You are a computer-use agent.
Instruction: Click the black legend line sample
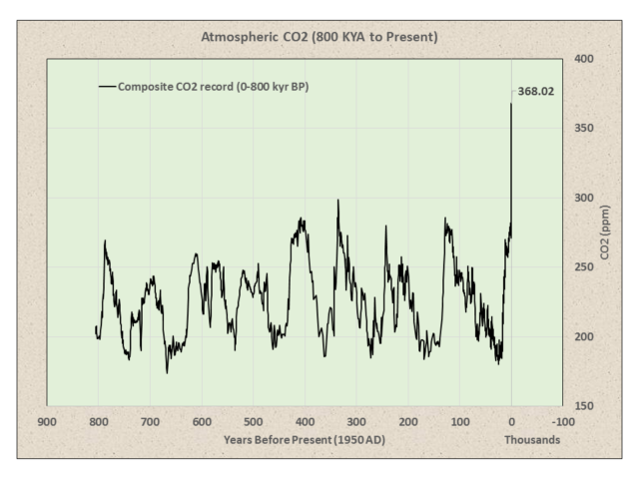pos(107,87)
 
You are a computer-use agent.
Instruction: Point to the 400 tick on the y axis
pos(585,59)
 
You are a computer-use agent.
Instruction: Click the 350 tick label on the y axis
pos(585,129)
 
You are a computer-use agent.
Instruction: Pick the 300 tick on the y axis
pos(585,198)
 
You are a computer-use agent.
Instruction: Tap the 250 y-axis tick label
pos(585,267)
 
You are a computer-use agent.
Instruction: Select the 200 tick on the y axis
pos(585,336)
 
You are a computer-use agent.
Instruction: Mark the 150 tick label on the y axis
pos(585,406)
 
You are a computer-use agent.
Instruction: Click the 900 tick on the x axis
pos(46,421)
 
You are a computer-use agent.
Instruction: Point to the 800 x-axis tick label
pos(98,421)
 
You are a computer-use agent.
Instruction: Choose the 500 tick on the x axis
pos(253,421)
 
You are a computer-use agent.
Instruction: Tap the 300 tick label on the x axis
pos(356,421)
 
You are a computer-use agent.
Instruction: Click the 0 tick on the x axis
pos(511,421)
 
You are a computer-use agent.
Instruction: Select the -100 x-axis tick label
pos(562,421)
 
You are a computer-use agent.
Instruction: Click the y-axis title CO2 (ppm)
pos(605,233)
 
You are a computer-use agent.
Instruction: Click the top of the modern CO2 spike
pos(511,104)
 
